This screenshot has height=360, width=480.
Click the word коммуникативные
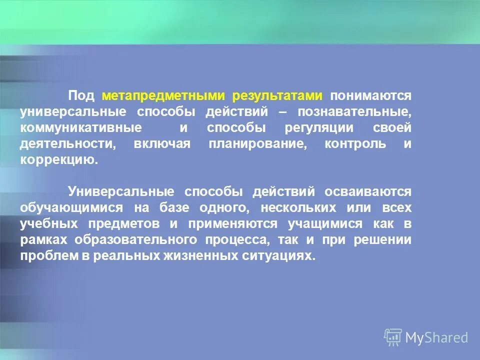coord(80,128)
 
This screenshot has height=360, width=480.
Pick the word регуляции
coord(318,128)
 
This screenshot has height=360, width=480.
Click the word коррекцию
coord(56,160)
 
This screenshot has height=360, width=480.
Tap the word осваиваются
coord(368,191)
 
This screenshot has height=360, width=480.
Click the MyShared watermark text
coord(436,337)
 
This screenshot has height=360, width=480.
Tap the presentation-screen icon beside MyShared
coord(393,337)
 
